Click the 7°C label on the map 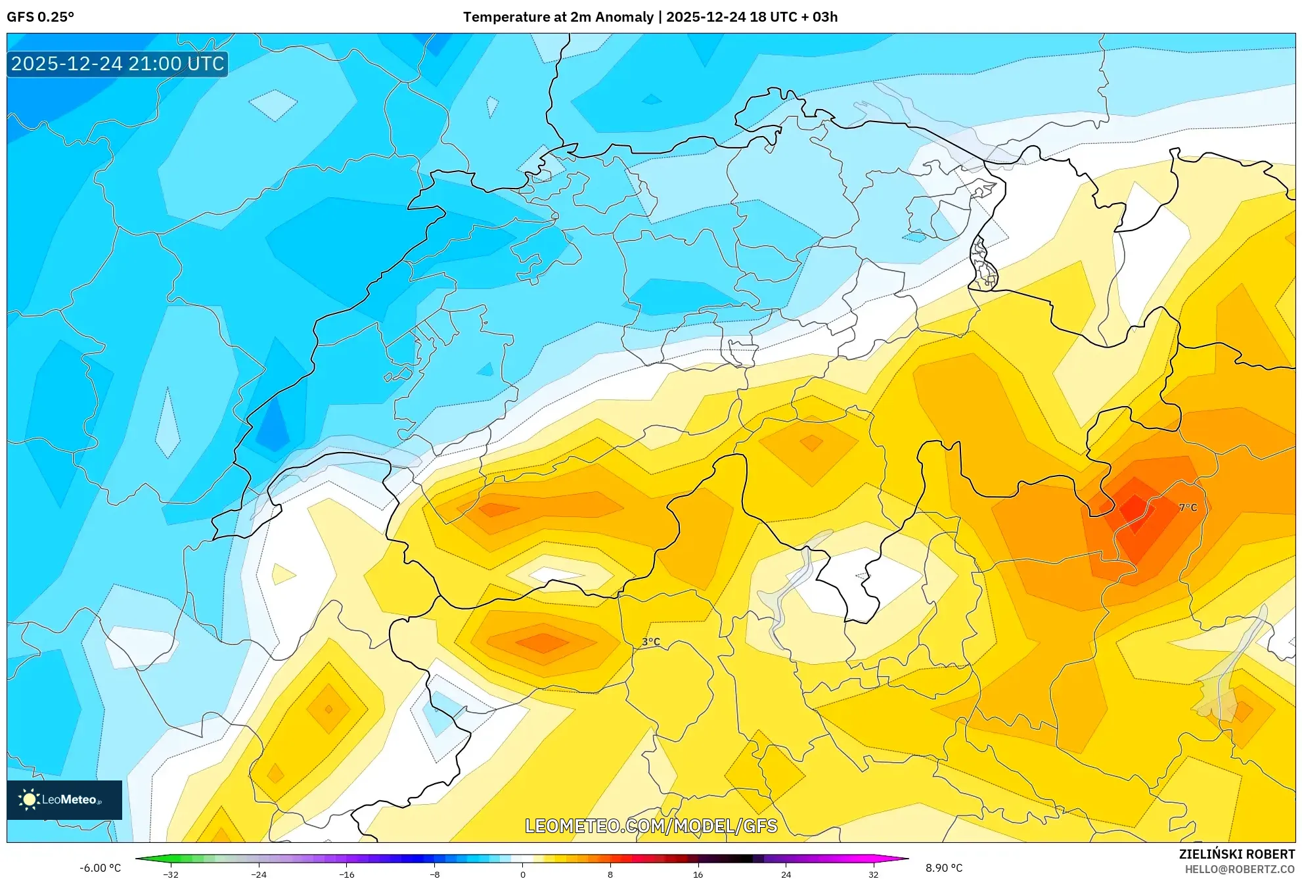[1188, 507]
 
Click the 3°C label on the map [650, 642]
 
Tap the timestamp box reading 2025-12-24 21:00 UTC [118, 64]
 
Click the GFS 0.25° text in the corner [40, 17]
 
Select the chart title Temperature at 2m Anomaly [558, 17]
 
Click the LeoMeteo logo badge [64, 800]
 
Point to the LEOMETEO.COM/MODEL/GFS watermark [651, 826]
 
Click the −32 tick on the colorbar [171, 874]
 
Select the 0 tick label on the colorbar [522, 874]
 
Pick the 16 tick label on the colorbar [698, 874]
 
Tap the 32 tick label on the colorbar [873, 874]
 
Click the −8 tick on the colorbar [434, 874]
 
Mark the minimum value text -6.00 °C [100, 868]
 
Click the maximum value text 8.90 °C [944, 868]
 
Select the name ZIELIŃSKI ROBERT [1236, 854]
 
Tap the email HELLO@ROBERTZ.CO [1239, 869]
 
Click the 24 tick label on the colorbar [786, 874]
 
